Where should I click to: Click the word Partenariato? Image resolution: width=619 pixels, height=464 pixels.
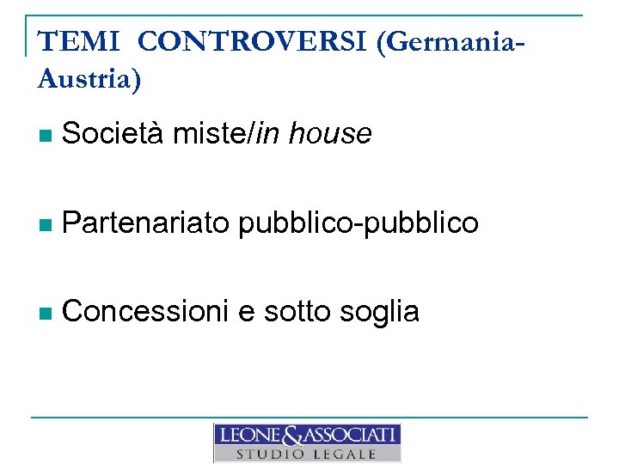[146, 223]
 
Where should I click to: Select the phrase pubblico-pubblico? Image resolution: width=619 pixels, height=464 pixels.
[359, 223]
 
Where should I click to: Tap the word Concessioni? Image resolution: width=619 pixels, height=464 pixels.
[146, 311]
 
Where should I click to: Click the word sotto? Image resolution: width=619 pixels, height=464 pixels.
[294, 311]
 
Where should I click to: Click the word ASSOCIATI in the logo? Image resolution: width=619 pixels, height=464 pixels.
[348, 435]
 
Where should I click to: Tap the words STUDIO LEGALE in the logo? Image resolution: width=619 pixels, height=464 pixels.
[307, 454]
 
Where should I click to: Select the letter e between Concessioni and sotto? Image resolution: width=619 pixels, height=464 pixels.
[247, 313]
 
